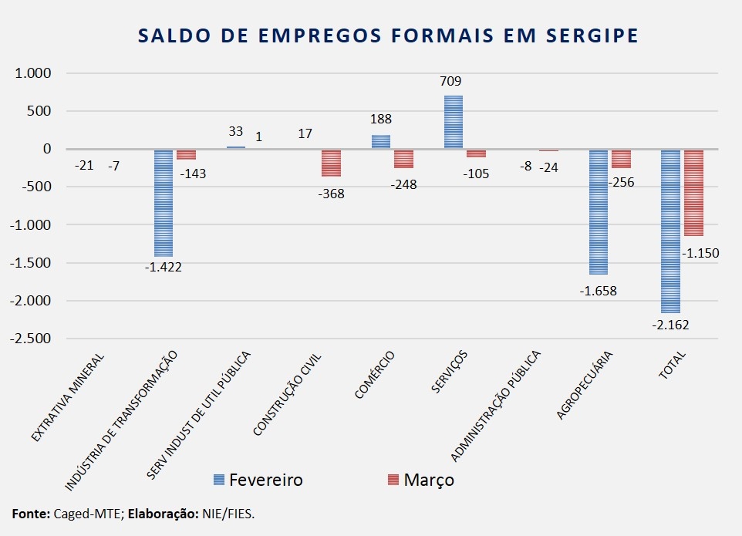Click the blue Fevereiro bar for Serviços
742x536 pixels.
[454, 122]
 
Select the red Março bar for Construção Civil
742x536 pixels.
[332, 163]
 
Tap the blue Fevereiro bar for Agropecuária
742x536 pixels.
[599, 211]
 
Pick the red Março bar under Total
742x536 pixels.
[693, 193]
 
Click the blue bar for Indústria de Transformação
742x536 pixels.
[164, 203]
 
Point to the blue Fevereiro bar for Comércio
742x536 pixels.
[381, 142]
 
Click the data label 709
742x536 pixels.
[450, 81]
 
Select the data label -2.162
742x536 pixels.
[669, 325]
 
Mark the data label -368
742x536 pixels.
[332, 194]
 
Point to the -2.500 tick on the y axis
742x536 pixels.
[29, 339]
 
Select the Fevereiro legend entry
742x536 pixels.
[258, 480]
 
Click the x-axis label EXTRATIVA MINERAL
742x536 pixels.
[68, 398]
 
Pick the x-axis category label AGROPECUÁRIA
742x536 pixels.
[584, 386]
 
